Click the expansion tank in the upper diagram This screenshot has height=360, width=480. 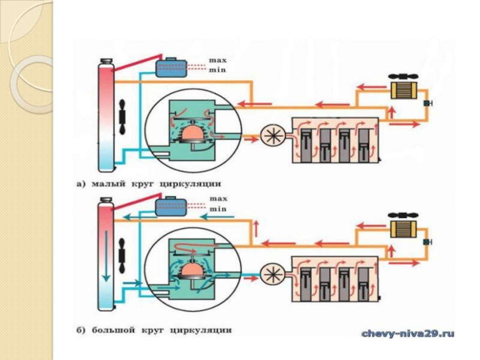[172, 68]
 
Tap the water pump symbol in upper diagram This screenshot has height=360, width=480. [273, 136]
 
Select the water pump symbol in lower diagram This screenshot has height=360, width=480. [273, 274]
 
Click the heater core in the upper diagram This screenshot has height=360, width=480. [403, 90]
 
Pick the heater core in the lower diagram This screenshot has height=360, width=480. [403, 229]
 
